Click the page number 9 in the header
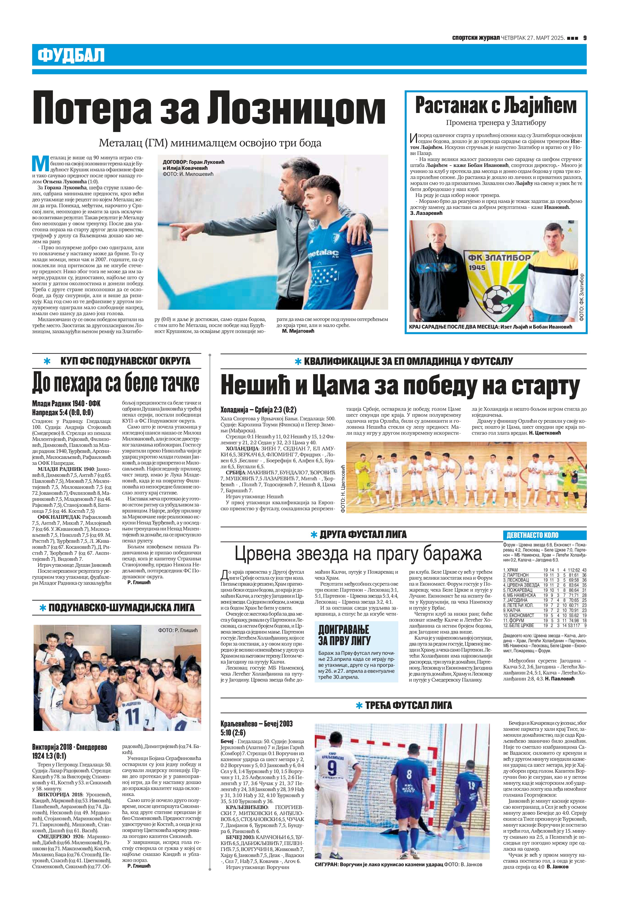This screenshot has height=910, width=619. (584, 38)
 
